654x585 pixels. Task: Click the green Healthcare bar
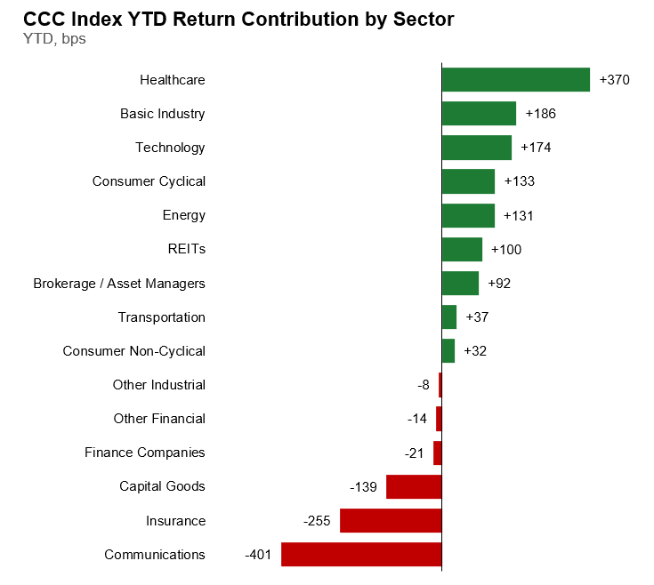click(516, 80)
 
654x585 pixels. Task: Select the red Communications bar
click(361, 554)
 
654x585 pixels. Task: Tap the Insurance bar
click(391, 520)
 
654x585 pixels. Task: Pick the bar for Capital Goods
click(414, 486)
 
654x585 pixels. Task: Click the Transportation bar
click(449, 317)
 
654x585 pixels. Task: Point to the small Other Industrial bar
click(440, 385)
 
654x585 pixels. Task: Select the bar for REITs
click(462, 249)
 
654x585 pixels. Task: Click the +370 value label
click(614, 80)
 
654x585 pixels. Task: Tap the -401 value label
click(258, 555)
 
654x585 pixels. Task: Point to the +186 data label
click(541, 113)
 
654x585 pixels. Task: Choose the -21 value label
click(414, 453)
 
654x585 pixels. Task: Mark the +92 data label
click(499, 284)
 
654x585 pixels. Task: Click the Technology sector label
click(170, 148)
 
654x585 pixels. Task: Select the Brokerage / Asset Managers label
click(119, 284)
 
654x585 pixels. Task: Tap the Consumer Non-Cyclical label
click(133, 351)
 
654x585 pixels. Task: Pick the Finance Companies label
click(145, 453)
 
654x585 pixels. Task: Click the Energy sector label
click(184, 215)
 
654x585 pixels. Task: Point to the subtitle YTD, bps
click(54, 39)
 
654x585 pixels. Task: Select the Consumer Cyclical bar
click(468, 181)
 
